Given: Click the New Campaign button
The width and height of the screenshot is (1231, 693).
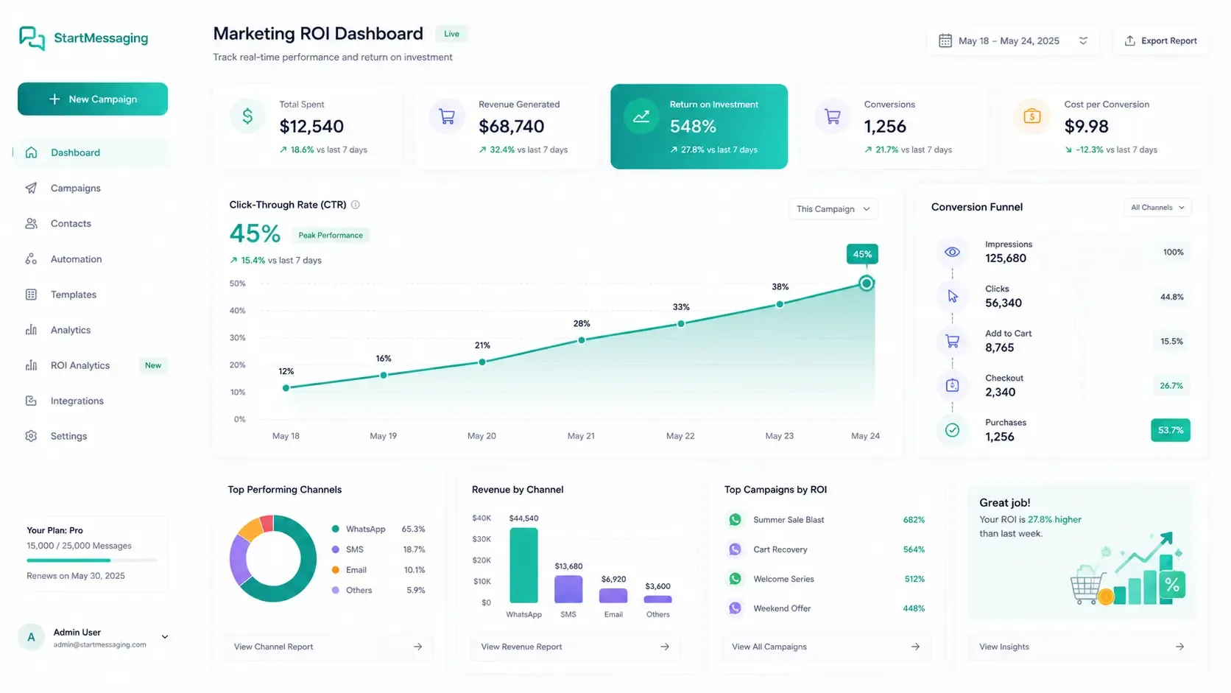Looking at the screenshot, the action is coord(92,99).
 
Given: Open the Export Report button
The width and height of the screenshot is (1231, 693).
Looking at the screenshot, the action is coord(1160,41).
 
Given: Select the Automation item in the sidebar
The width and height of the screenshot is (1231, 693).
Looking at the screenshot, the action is coord(76,258).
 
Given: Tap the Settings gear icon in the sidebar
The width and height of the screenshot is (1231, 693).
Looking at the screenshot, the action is coord(32,436).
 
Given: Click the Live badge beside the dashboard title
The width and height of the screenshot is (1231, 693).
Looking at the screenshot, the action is coord(451,34).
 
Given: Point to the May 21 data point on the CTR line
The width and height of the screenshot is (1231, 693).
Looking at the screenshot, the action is coord(582,340).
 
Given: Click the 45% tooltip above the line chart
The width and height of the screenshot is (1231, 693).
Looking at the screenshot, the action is coord(861,254).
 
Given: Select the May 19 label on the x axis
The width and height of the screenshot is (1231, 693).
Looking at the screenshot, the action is coord(383,436).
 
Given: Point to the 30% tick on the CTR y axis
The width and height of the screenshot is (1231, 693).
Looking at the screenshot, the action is coord(237,337).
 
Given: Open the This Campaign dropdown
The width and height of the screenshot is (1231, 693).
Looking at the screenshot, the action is coord(833,209).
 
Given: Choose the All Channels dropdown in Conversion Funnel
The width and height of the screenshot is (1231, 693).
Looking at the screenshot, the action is coord(1157,207).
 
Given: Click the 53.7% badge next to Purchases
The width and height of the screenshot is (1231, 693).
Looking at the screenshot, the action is coord(1171,430).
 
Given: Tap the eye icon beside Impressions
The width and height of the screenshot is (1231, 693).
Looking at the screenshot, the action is coord(953,252).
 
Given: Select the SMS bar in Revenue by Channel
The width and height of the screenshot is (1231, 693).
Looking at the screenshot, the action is coord(568,589).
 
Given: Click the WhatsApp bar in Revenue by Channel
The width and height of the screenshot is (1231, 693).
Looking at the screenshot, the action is coord(523,566).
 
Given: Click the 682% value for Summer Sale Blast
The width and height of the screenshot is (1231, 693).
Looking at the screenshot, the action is coord(914,520).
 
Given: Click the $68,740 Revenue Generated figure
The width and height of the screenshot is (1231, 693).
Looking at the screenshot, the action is coord(511,127).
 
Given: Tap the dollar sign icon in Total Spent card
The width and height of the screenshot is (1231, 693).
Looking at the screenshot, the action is coord(247,116).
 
